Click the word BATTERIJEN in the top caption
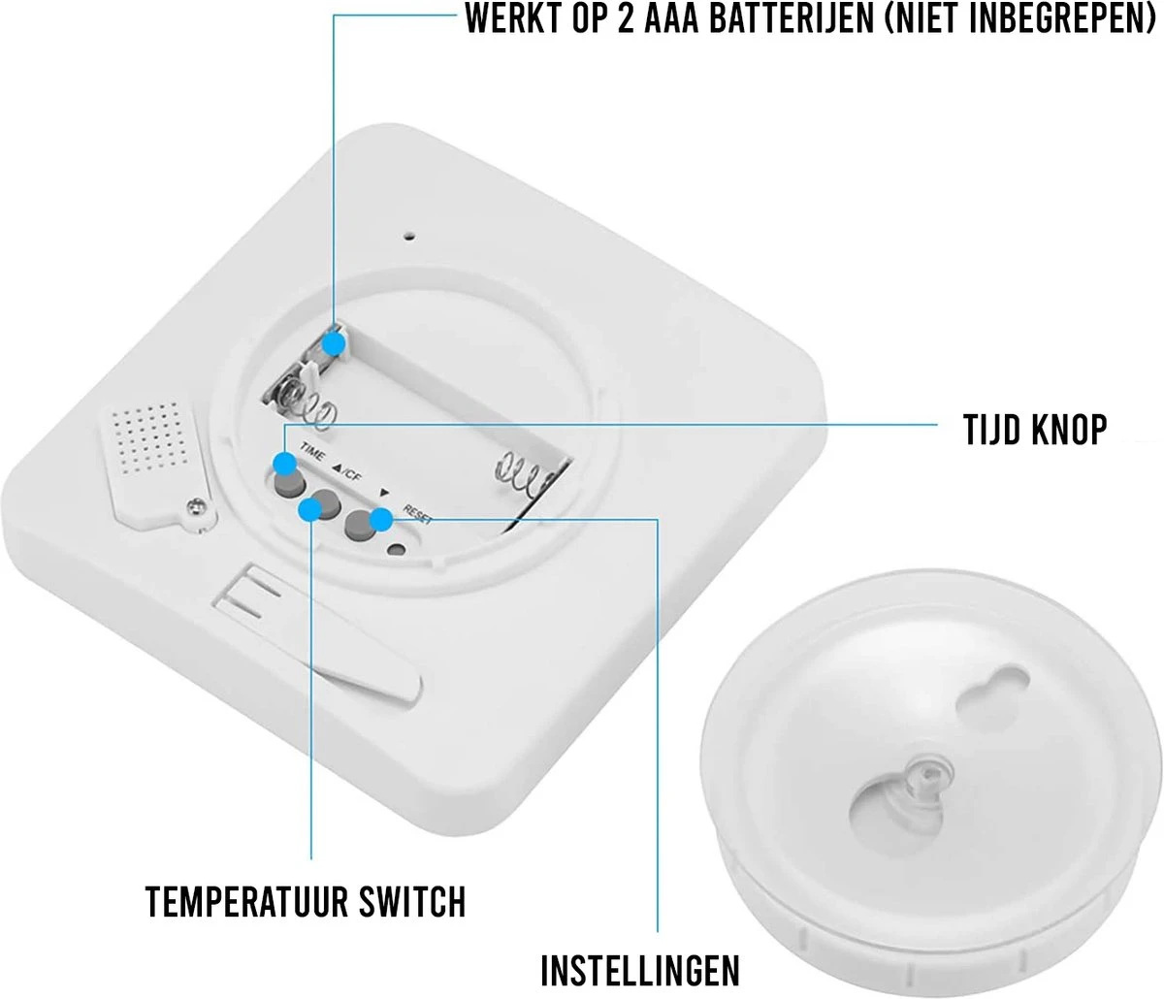point(791,18)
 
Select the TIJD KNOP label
point(1034,430)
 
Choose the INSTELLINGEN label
point(640,970)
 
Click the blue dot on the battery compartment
point(335,343)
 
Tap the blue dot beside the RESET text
point(381,519)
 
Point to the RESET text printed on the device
point(417,514)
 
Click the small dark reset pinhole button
point(397,550)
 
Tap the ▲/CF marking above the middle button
point(347,472)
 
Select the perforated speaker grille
point(149,439)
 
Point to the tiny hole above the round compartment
point(410,236)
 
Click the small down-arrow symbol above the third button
point(385,493)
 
